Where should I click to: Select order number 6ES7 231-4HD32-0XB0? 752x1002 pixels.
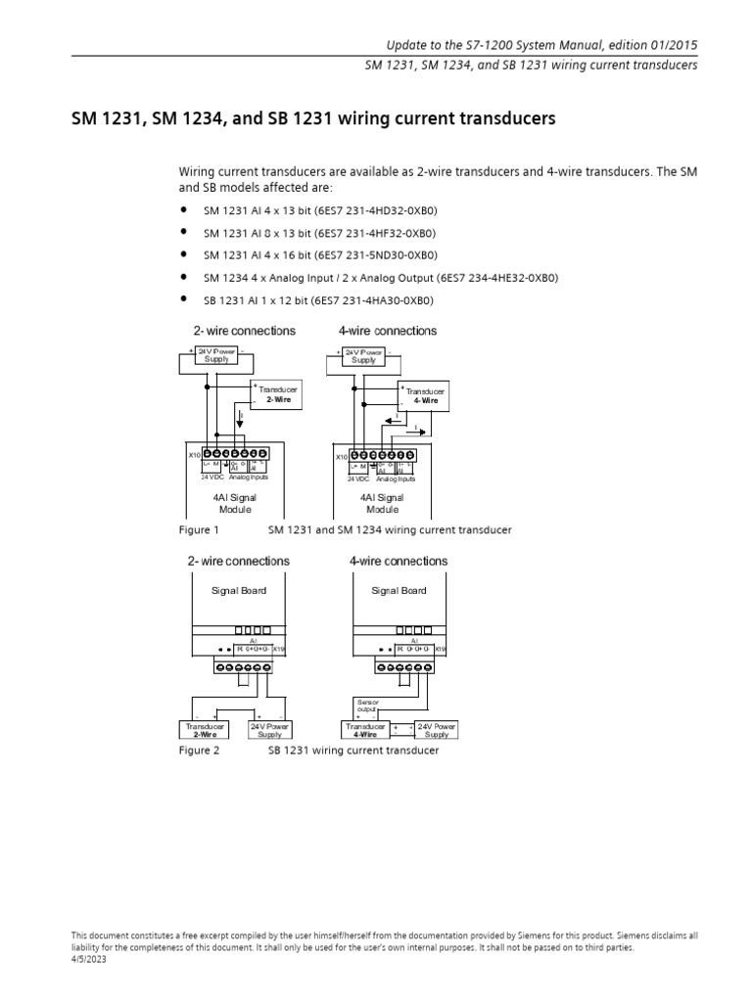pyautogui.click(x=378, y=210)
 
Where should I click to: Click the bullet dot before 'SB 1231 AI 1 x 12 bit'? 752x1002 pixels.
pyautogui.click(x=183, y=300)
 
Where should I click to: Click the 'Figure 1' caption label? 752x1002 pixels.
pyautogui.click(x=199, y=529)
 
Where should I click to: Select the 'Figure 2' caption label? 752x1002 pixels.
pyautogui.click(x=199, y=751)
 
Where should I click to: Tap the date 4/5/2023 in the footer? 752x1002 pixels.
pyautogui.click(x=89, y=960)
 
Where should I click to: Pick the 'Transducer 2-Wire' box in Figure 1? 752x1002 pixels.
pyautogui.click(x=276, y=394)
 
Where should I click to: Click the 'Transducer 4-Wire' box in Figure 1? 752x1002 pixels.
pyautogui.click(x=425, y=395)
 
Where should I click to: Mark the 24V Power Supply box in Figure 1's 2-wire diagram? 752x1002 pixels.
pyautogui.click(x=216, y=355)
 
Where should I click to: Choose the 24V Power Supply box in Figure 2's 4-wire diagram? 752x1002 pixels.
pyautogui.click(x=437, y=730)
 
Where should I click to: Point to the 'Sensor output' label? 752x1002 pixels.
pyautogui.click(x=365, y=706)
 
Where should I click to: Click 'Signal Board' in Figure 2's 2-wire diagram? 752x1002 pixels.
pyautogui.click(x=239, y=591)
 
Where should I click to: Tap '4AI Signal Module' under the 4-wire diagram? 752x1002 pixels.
pyautogui.click(x=383, y=504)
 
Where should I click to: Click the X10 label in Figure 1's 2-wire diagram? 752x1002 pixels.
pyautogui.click(x=193, y=455)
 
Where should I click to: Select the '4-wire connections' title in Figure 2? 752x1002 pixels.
pyautogui.click(x=399, y=562)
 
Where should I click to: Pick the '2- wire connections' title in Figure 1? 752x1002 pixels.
pyautogui.click(x=244, y=331)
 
